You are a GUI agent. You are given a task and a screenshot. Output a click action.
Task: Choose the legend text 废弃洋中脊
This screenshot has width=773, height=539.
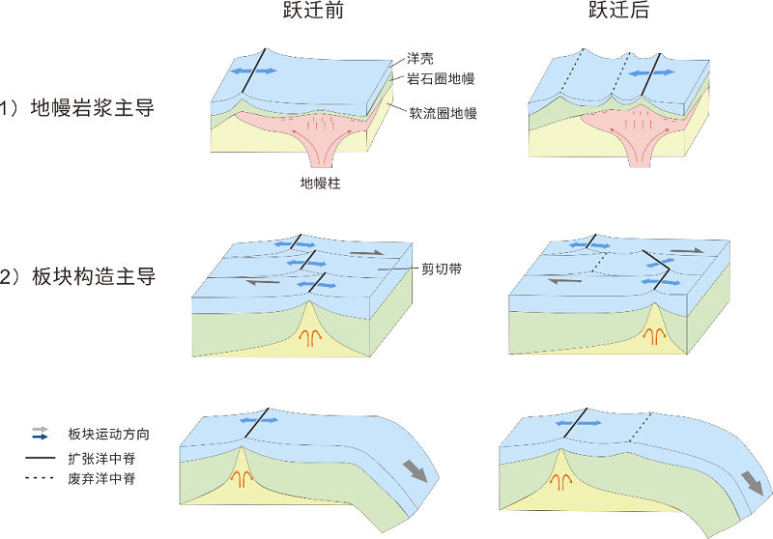click(101, 478)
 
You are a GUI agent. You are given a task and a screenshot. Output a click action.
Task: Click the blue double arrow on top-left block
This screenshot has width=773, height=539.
click(254, 71)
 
